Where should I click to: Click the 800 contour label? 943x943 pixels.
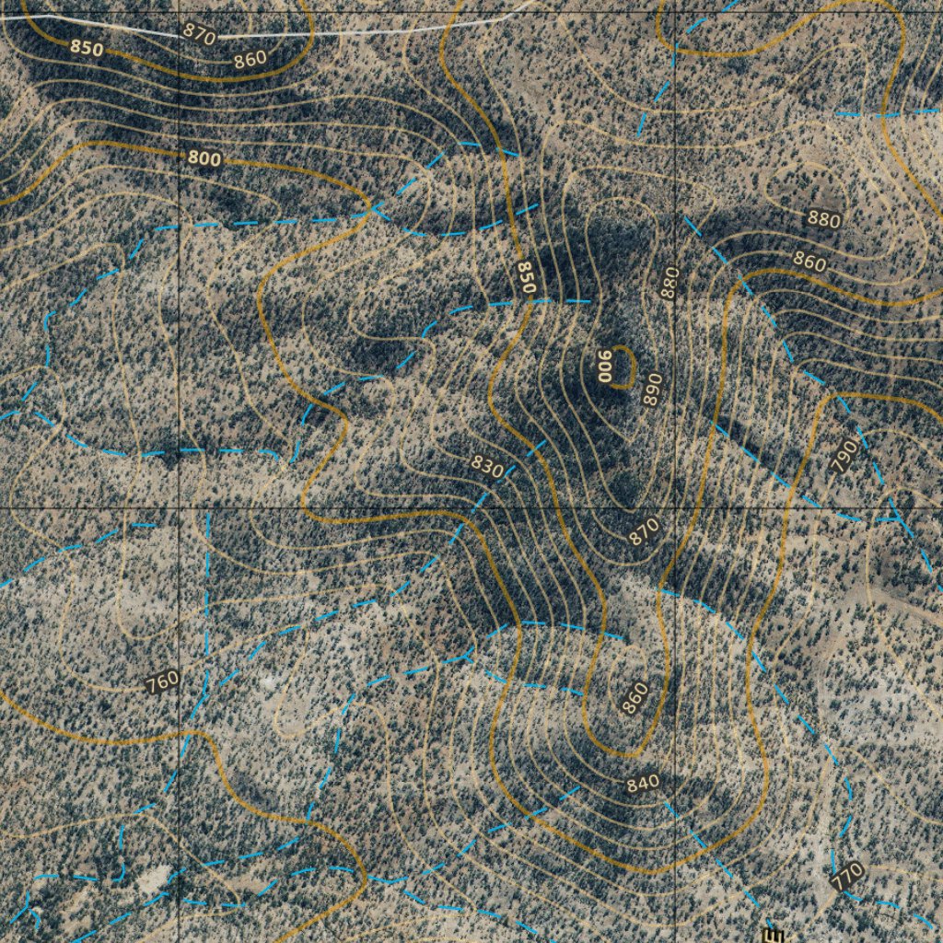point(204,158)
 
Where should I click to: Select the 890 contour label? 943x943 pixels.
point(653,390)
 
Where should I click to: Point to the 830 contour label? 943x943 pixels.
point(487,466)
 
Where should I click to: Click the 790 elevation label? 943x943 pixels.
point(844,456)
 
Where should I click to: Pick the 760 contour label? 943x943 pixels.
point(162,682)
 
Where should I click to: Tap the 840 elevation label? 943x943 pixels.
point(643,784)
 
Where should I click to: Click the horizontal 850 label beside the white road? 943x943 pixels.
point(87,48)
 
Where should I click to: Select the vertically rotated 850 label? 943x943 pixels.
point(526,277)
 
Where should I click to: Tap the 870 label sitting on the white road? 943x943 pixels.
point(199,34)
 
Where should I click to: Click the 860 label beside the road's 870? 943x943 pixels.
point(250,59)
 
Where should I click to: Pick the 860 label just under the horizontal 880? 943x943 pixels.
point(809,262)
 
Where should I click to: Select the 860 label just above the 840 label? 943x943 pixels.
point(634,698)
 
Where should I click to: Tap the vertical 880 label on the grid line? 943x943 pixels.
point(669,282)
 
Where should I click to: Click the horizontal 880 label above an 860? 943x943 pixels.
point(823,219)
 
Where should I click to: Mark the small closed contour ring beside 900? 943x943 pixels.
point(624,366)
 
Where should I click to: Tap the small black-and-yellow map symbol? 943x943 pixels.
point(770,935)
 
